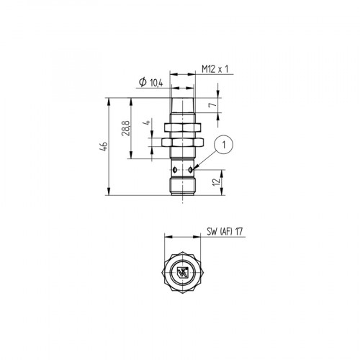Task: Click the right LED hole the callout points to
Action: [x=192, y=170]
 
